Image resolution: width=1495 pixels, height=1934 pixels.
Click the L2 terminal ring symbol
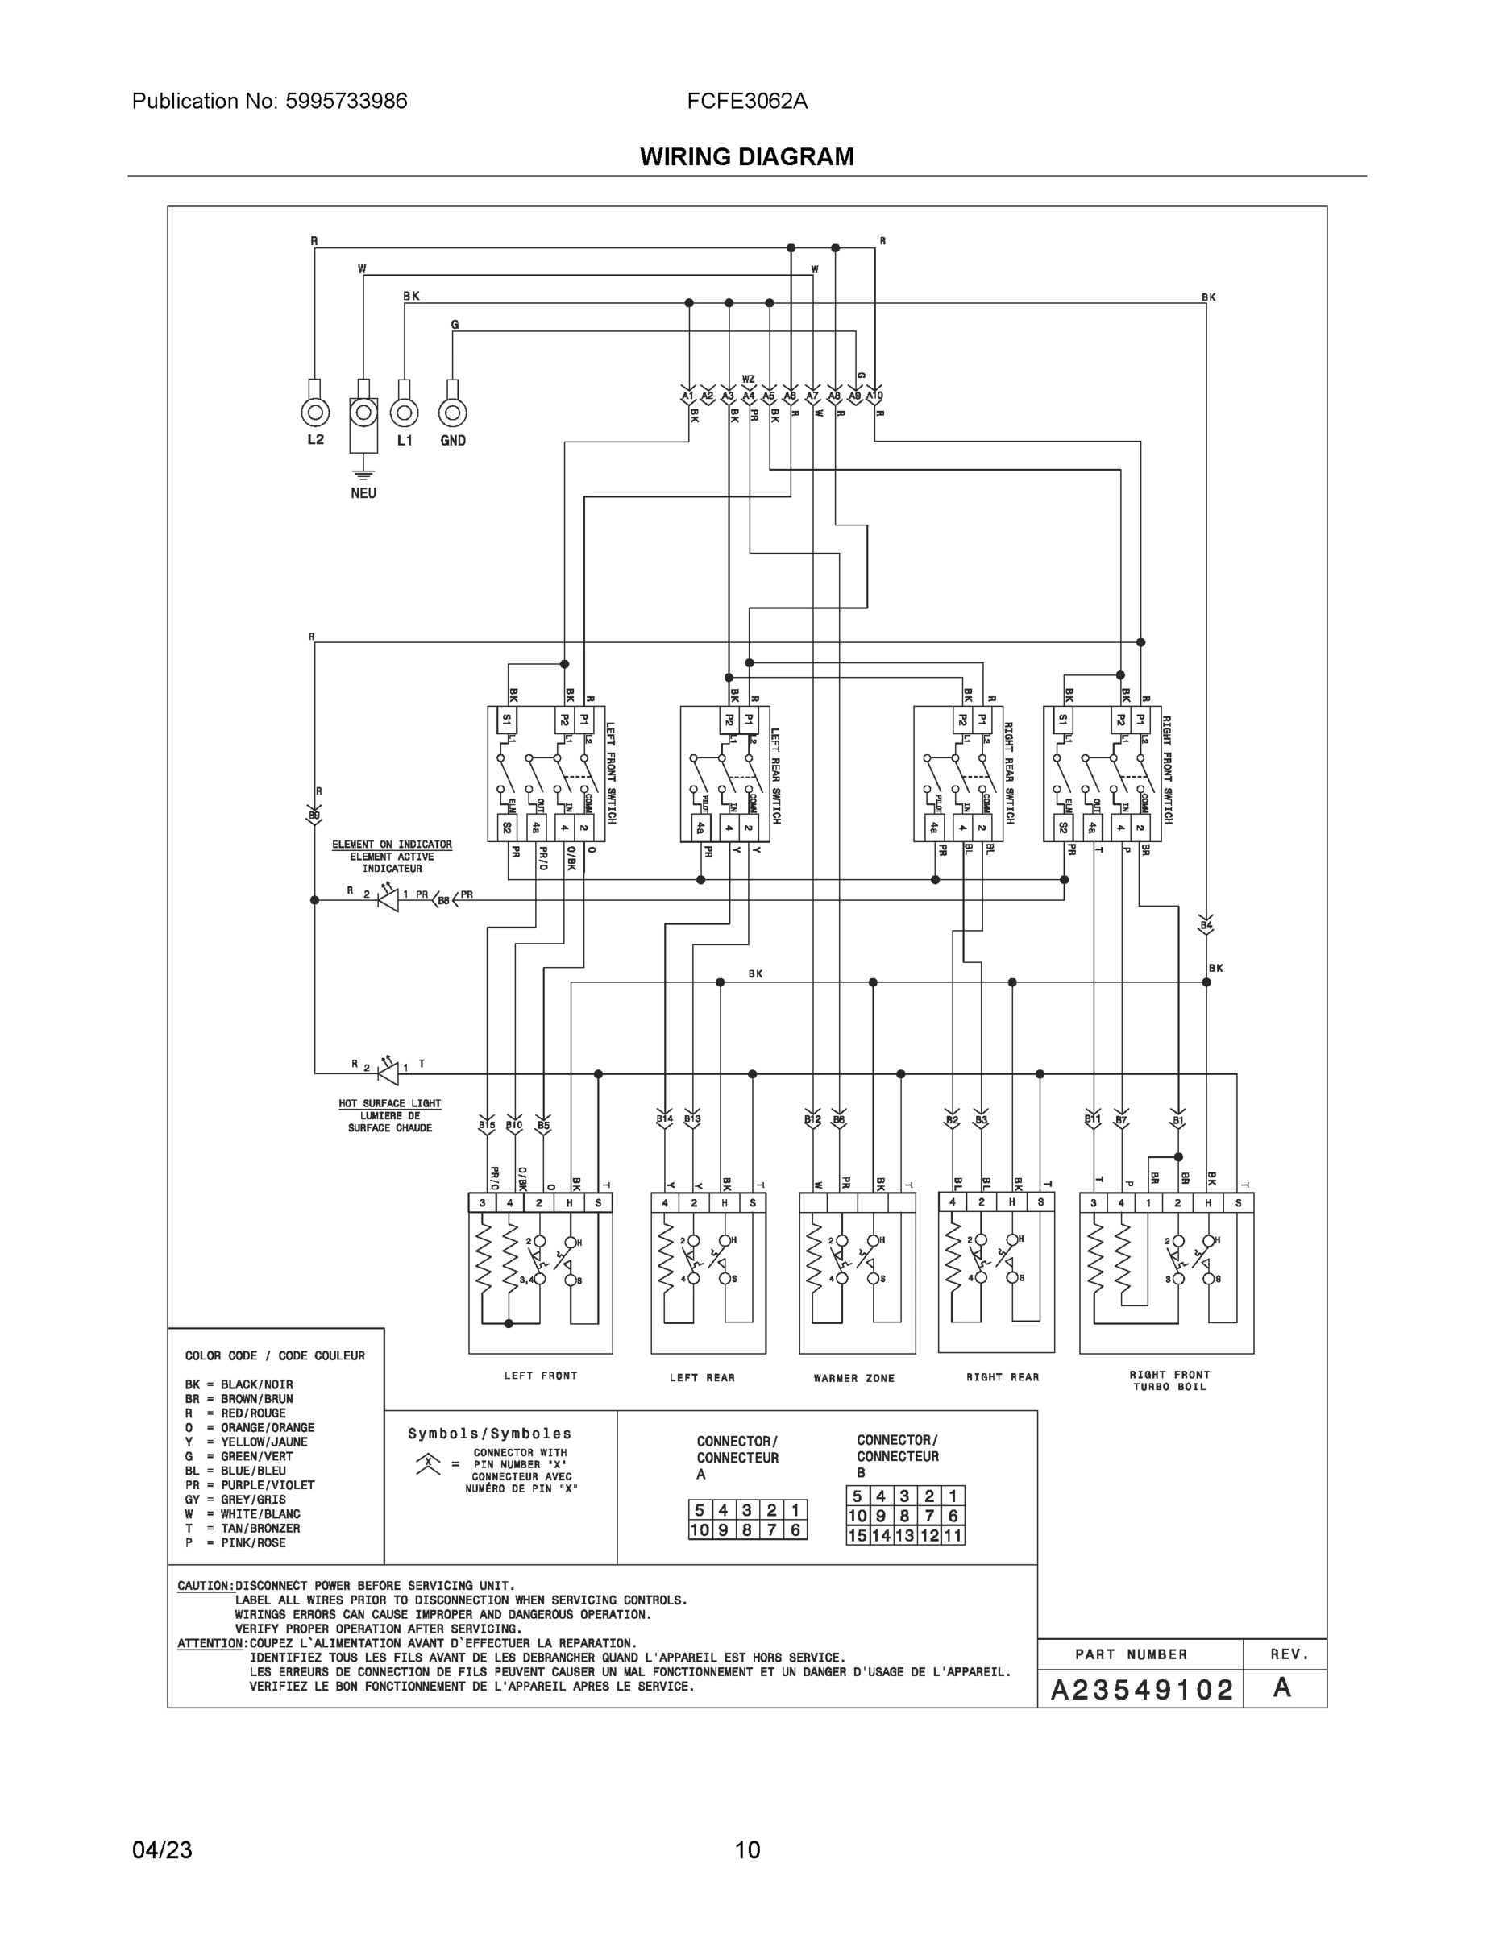pos(315,413)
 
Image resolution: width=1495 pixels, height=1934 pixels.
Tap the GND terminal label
pos(453,440)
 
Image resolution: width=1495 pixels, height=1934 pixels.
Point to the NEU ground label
pos(363,493)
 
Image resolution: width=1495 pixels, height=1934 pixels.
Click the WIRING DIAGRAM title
pos(746,157)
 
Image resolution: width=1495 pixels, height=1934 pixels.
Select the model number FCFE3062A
pos(746,101)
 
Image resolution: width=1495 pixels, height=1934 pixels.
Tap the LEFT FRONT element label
pos(540,1376)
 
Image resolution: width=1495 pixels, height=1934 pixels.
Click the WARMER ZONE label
pos(853,1378)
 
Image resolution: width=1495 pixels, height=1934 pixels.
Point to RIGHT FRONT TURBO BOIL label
pos(1169,1380)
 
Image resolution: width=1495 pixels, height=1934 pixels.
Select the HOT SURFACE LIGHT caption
pos(390,1103)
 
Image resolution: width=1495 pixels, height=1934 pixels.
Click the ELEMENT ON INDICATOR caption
pos(392,845)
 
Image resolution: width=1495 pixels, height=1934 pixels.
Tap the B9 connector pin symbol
pos(314,816)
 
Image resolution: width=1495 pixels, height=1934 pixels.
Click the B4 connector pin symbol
pos(1206,925)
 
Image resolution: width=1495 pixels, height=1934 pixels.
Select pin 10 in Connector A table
pos(700,1530)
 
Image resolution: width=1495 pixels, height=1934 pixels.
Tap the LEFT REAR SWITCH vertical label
pos(775,776)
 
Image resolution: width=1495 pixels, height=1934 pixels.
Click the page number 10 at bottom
pos(746,1850)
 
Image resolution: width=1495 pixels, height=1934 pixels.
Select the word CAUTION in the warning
pos(206,1586)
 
